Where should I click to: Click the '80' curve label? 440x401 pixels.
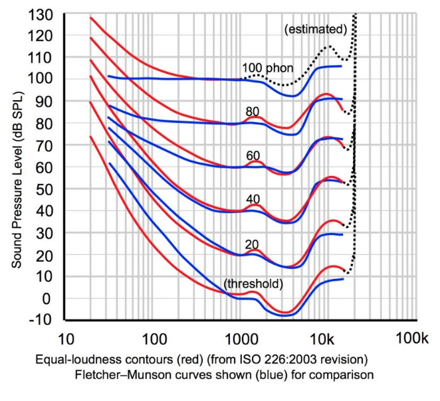click(x=253, y=112)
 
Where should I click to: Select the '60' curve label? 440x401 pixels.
click(x=253, y=155)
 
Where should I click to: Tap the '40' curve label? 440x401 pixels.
click(x=253, y=199)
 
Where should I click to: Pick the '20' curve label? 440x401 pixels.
click(x=252, y=244)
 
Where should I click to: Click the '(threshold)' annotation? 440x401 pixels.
click(x=253, y=284)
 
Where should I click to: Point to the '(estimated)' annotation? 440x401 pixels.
click(x=315, y=29)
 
